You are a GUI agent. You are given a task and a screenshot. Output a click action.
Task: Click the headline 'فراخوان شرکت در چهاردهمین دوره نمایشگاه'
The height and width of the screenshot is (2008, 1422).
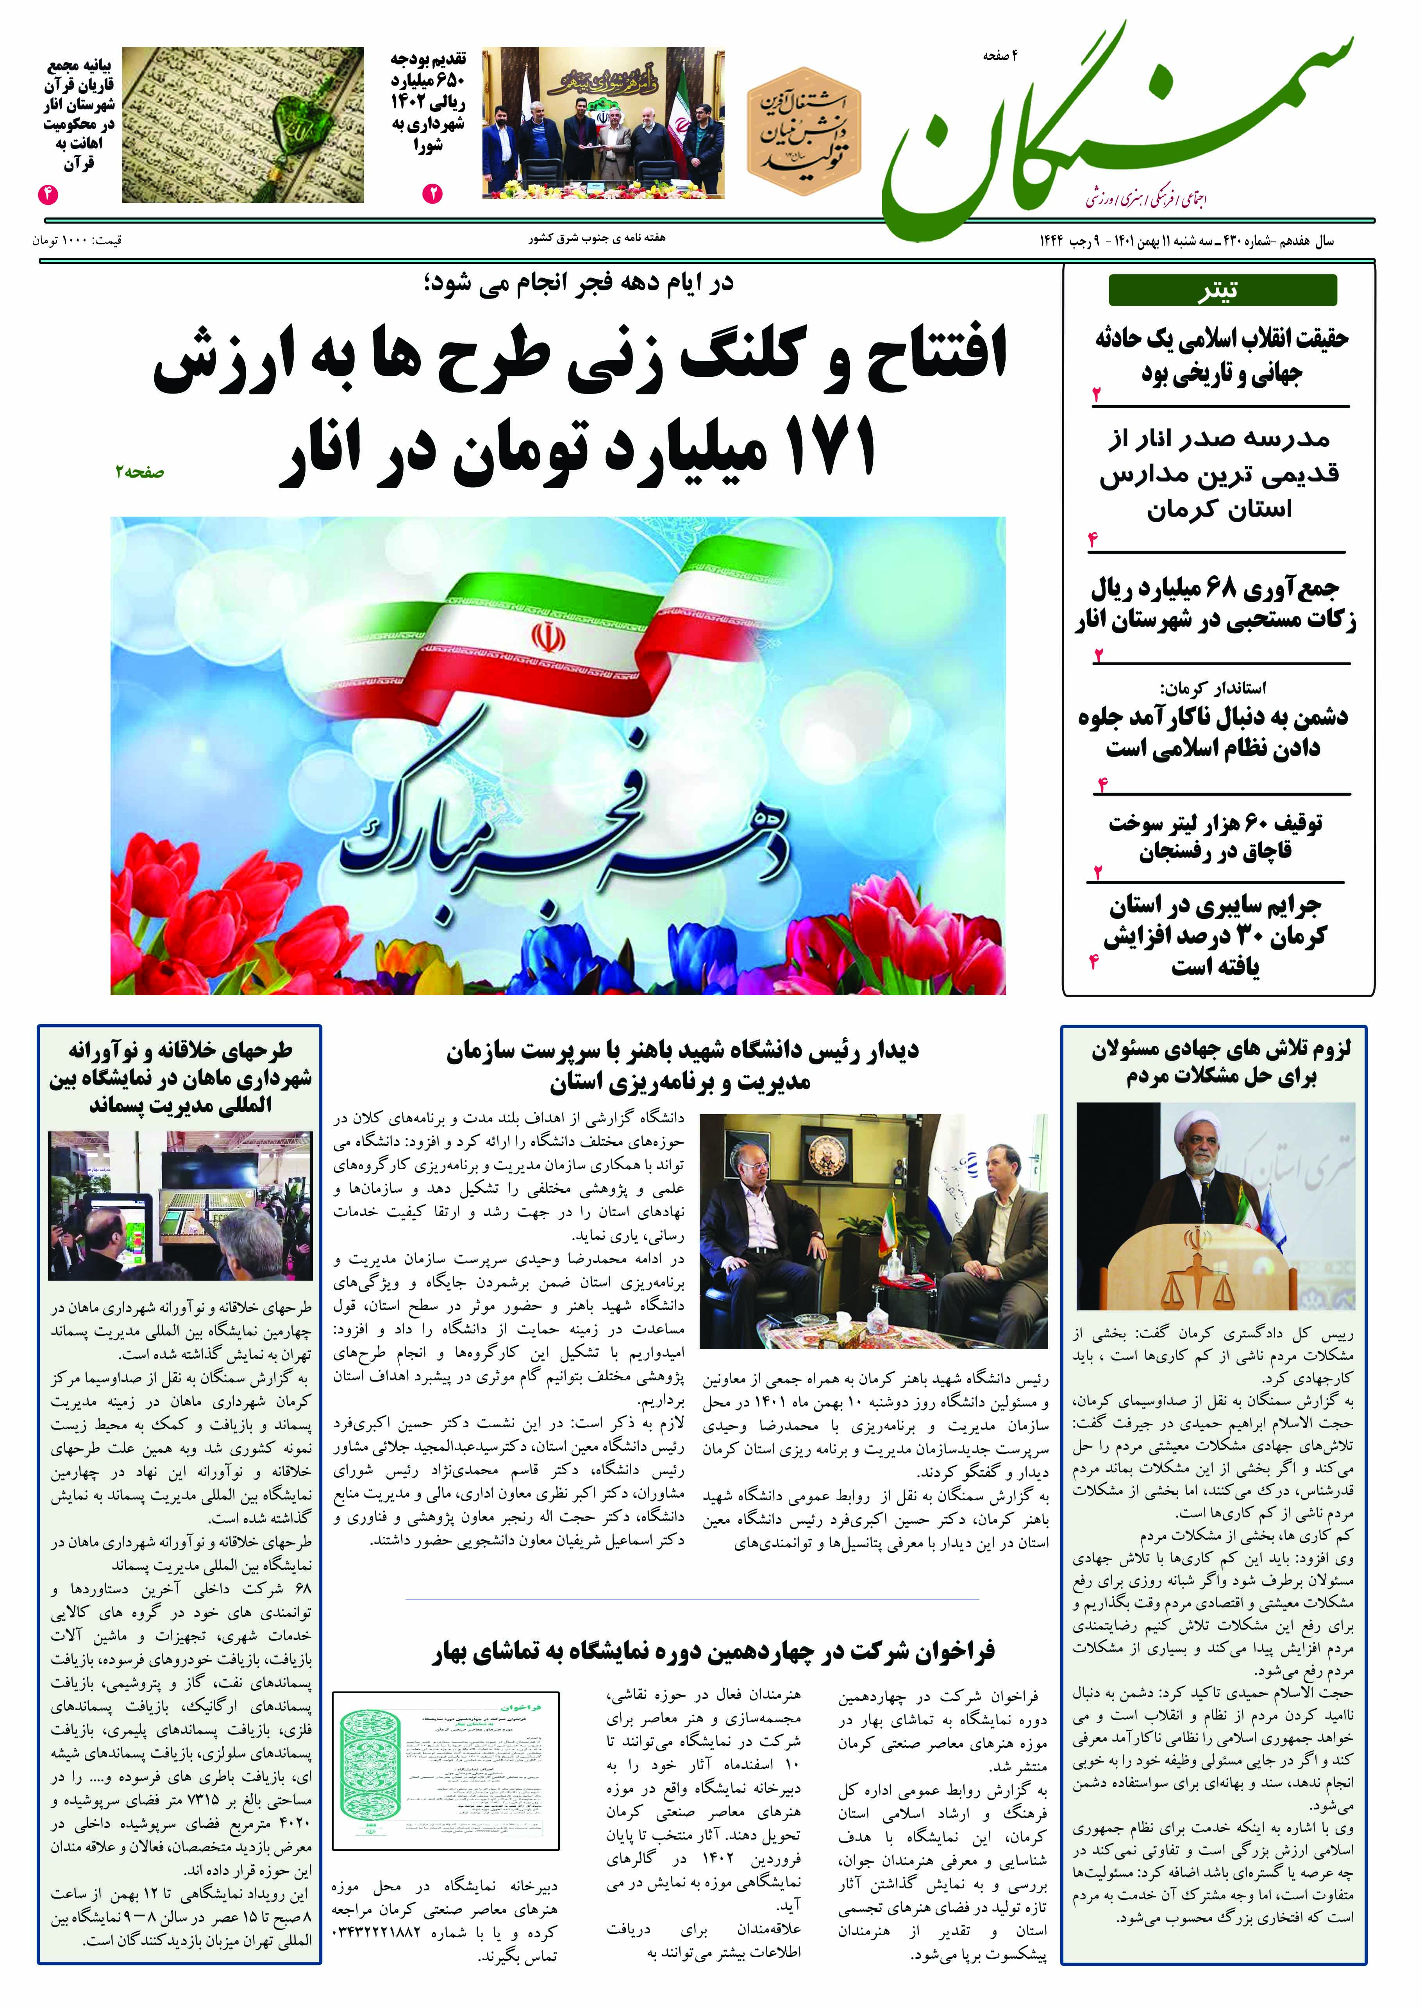[714, 1652]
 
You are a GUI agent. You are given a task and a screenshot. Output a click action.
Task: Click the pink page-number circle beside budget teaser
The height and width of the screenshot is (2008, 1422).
[432, 193]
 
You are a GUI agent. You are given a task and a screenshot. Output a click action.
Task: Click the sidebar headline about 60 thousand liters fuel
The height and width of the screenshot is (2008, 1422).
[1215, 836]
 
